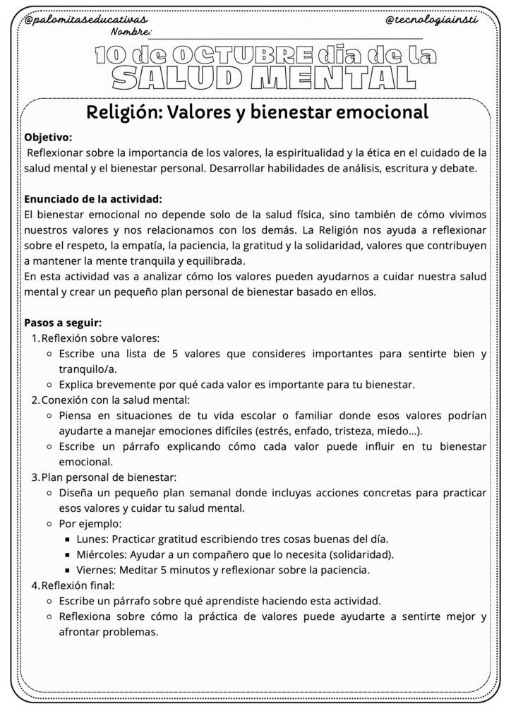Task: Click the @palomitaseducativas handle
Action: tap(85, 21)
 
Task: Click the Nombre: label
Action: tap(131, 32)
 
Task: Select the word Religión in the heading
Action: tap(121, 112)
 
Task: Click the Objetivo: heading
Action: tap(48, 137)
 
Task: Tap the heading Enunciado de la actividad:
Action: tap(93, 198)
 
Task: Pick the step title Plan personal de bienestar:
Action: tap(109, 477)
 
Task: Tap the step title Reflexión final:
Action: tap(78, 585)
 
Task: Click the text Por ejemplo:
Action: tap(90, 523)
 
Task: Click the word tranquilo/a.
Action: tap(88, 369)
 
